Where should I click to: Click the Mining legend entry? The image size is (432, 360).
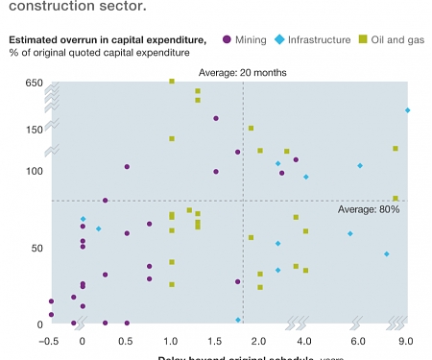247,39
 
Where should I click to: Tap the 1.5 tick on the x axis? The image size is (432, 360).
216,341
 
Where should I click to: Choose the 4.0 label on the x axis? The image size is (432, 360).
304,341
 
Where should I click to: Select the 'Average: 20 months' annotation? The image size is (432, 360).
242,72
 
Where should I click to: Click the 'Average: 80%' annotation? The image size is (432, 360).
370,208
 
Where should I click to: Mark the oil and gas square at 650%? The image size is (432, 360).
172,82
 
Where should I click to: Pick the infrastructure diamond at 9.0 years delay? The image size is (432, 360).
407,110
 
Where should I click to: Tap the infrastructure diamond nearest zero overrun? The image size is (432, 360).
238,320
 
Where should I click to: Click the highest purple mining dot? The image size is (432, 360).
216,118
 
